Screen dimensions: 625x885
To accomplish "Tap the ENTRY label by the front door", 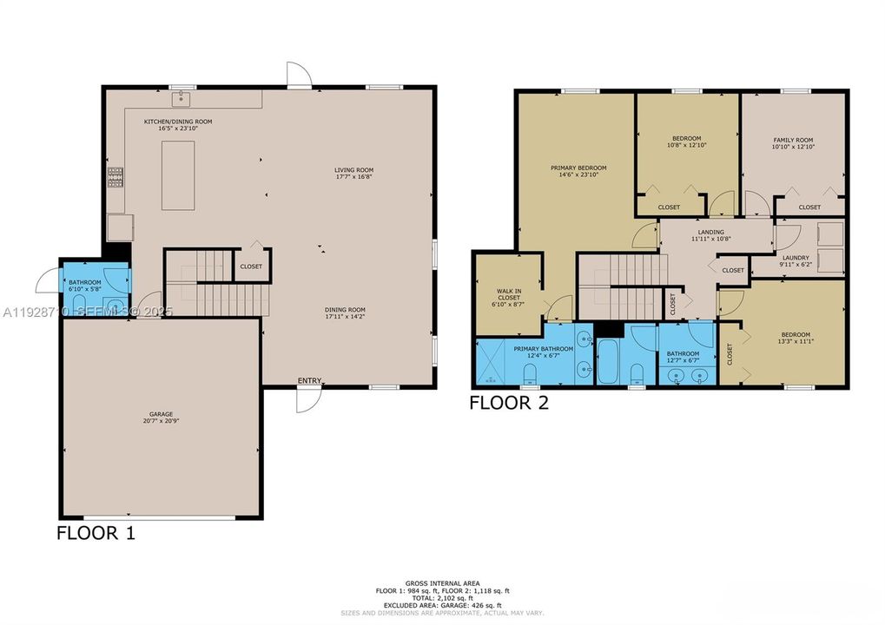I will click(309, 380).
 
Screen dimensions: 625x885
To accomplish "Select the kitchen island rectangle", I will click(178, 174).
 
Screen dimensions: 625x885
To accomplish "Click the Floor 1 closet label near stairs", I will click(251, 266).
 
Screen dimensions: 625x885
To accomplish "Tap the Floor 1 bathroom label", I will click(85, 282).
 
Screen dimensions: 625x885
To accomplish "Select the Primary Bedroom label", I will click(578, 168).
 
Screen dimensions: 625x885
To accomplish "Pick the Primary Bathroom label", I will click(543, 349).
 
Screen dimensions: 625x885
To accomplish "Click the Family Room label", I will click(793, 140).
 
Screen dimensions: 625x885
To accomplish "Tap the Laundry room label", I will click(796, 258).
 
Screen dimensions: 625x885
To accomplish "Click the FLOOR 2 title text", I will click(509, 402).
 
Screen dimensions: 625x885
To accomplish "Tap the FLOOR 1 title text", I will click(96, 532).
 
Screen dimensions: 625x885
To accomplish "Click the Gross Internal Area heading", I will click(442, 583).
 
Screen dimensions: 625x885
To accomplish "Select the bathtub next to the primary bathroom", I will click(607, 362).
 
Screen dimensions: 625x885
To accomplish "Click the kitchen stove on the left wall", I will click(115, 177).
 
